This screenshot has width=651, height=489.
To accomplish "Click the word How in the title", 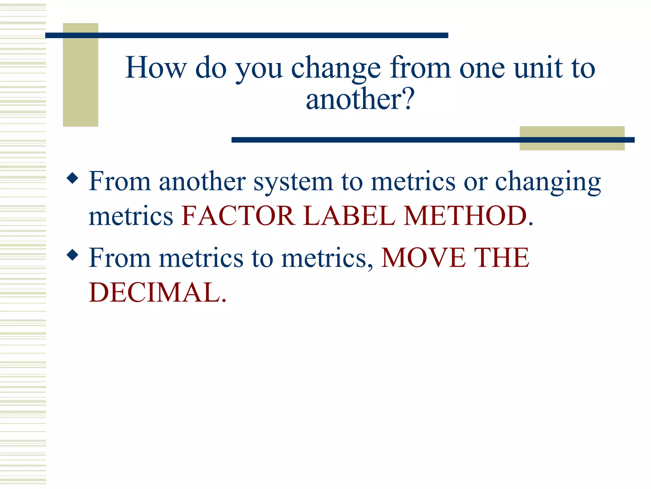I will tap(156, 67).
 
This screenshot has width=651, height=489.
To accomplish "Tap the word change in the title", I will tap(336, 68).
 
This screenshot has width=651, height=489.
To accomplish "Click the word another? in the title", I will tap(360, 99).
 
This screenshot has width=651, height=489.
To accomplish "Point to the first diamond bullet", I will tap(73, 178).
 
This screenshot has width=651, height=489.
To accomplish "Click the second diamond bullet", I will tap(73, 255).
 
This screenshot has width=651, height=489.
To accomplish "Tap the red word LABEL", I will tap(350, 216).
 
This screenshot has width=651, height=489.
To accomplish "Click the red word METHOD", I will tap(466, 216).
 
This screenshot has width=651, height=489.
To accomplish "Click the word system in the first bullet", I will tap(293, 182).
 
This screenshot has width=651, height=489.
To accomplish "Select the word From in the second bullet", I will tap(120, 258).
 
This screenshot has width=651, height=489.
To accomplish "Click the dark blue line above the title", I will tap(247, 35).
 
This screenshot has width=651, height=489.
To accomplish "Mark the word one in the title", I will tap(482, 68).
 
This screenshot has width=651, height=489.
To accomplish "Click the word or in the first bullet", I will tap(476, 182).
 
